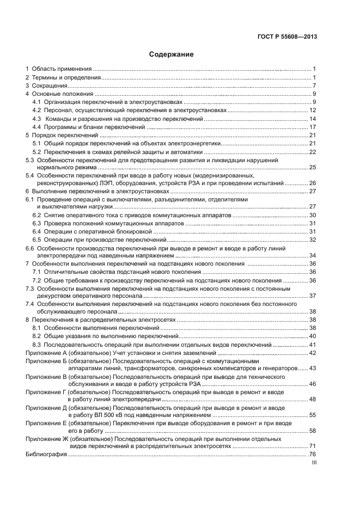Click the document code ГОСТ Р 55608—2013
click(x=287, y=37)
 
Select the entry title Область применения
click(x=62, y=69)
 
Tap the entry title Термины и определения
click(x=66, y=78)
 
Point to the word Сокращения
click(x=49, y=86)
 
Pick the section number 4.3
click(x=36, y=119)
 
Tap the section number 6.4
click(x=36, y=231)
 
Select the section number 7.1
click(x=36, y=272)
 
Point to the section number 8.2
click(x=36, y=336)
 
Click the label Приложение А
click(x=45, y=353)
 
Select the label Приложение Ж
click(x=46, y=438)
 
